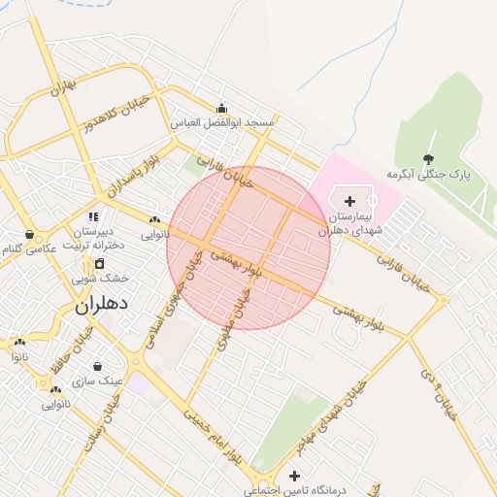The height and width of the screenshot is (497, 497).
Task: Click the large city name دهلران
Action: pos(101,305)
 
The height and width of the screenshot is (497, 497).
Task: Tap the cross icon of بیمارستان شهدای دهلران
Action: pos(349,201)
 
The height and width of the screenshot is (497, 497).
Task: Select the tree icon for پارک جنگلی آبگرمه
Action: pos(429,158)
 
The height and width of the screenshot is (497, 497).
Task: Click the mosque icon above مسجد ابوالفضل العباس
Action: pos(222,109)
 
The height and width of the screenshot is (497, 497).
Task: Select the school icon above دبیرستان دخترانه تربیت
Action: pos(93,216)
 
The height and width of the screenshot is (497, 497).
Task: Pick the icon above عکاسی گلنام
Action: pos(31,235)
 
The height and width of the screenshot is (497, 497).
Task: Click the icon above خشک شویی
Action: pos(99,263)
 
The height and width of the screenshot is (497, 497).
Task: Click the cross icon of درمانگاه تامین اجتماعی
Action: pos(293,476)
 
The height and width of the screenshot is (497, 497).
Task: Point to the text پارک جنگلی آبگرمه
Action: pos(428,176)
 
